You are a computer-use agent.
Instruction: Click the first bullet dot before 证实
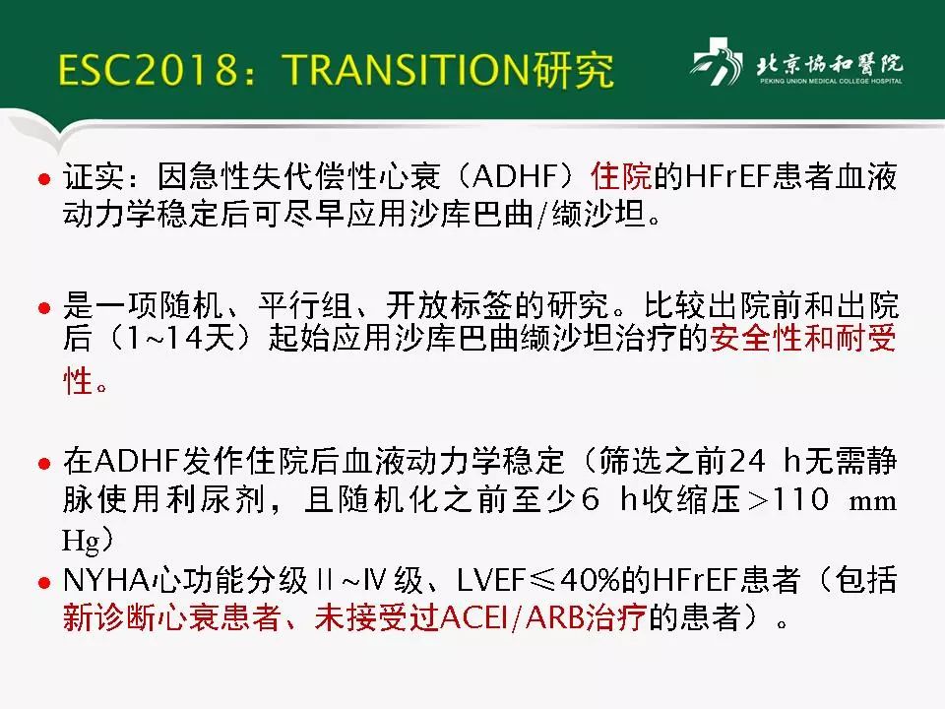(42, 181)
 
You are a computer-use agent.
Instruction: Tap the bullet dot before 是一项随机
(42, 307)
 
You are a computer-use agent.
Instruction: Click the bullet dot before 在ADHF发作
(42, 462)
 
